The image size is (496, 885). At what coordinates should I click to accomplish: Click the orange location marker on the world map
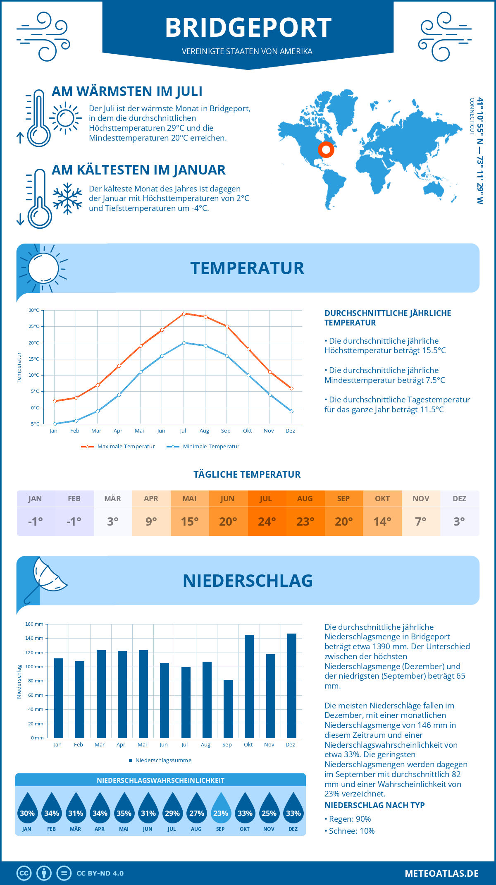326,150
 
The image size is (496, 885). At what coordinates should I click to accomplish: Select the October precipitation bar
249,686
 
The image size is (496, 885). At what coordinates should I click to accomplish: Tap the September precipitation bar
228,709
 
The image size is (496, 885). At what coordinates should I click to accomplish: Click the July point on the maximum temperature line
184,313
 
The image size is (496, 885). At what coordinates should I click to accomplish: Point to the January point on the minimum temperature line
55,424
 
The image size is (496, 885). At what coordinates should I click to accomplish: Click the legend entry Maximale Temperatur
118,447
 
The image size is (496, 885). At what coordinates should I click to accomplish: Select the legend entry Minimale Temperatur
203,447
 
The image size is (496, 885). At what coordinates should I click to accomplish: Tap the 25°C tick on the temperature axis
34,326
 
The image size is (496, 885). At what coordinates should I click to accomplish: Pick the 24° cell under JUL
267,521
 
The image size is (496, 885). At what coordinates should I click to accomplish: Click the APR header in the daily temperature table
151,499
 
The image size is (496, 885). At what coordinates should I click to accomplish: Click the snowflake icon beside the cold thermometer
67,199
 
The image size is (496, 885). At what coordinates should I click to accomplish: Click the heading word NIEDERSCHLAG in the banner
248,581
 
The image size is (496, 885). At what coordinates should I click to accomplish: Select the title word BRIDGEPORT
248,28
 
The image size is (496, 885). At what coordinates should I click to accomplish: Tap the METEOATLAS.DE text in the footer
441,873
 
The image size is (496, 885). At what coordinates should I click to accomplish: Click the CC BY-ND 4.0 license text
100,873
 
